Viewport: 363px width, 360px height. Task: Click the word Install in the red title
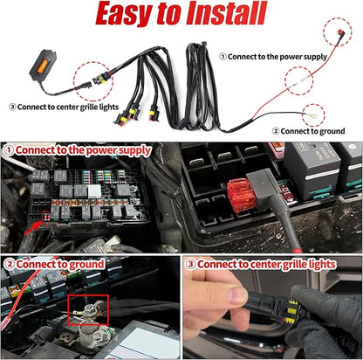[226, 14]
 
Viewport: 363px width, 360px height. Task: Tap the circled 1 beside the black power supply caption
[223, 56]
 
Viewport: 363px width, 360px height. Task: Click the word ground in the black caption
[331, 131]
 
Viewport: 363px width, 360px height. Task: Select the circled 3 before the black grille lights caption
[12, 107]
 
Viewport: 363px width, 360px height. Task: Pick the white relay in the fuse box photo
[94, 191]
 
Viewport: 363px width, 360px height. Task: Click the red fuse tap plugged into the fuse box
[238, 195]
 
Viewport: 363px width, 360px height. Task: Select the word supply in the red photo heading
[134, 150]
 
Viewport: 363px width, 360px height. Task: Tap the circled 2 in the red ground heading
[10, 264]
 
